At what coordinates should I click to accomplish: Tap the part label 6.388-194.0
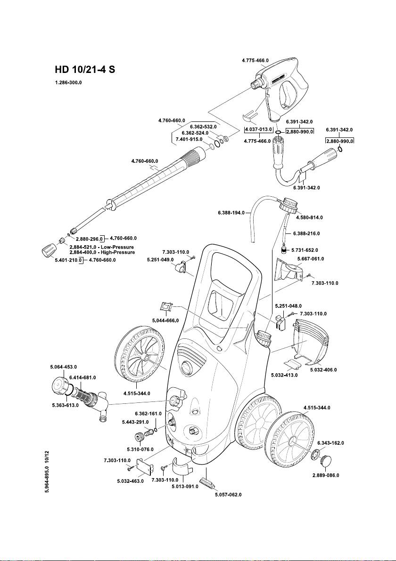[x=231, y=213]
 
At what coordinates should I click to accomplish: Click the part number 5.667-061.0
[x=310, y=258]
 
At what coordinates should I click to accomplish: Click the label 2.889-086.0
[x=326, y=475]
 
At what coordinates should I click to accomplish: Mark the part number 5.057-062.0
[x=228, y=495]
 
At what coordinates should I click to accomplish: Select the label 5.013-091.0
[x=185, y=486]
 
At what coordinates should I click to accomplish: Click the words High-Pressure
[x=117, y=252]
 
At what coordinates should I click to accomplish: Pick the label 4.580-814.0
[x=309, y=217]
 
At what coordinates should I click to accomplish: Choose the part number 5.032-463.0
[x=131, y=481]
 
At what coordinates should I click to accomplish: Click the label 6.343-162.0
[x=330, y=443]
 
